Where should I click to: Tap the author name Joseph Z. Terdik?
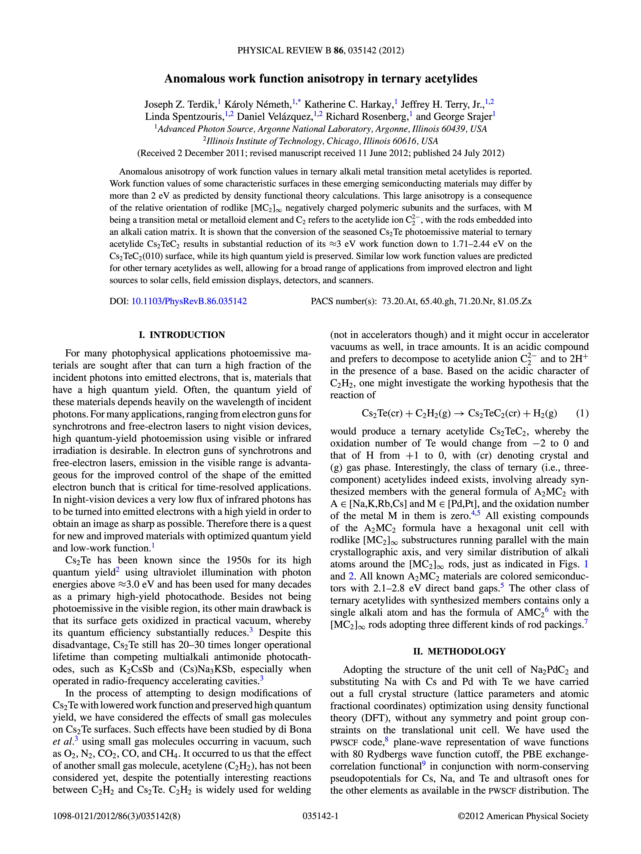point(180,104)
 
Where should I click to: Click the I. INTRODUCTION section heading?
point(182,335)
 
